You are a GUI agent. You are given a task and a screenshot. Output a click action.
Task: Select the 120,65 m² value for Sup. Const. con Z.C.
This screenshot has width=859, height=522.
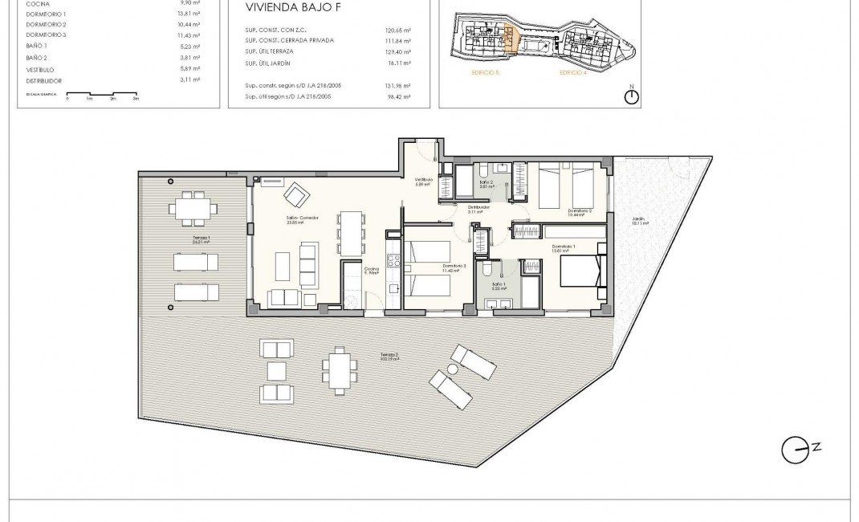tap(397, 30)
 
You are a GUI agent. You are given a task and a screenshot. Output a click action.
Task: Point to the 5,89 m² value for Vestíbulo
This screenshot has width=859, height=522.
tap(190, 68)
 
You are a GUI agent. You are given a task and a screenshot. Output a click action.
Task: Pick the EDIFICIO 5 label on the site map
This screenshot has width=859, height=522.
tap(486, 72)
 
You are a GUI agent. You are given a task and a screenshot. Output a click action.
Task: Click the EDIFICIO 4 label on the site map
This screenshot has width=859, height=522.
tap(573, 72)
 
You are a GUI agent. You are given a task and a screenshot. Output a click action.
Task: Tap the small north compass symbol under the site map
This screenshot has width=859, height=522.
tap(632, 96)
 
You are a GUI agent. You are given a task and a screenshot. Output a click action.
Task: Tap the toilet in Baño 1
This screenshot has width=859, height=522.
tap(487, 271)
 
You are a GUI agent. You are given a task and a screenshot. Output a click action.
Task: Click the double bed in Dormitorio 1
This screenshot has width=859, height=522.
tap(580, 270)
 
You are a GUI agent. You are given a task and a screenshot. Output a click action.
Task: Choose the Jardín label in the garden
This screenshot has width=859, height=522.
tap(638, 218)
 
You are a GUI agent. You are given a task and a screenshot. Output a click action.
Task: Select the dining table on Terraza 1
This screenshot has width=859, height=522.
tap(193, 207)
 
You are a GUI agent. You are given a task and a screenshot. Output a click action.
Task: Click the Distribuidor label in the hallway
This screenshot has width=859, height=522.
tap(479, 206)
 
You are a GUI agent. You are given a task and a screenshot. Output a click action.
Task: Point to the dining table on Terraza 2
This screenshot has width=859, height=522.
tap(338, 370)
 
